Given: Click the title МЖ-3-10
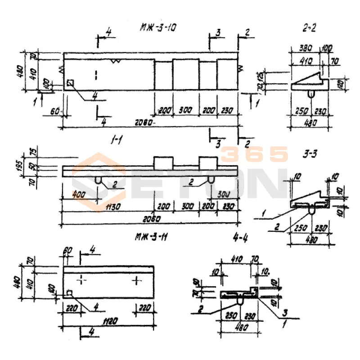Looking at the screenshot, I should (158, 28).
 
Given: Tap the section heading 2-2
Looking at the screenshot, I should (310, 28).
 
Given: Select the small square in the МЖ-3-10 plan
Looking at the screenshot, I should (70, 83).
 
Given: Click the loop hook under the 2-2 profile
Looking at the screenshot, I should (310, 93).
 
